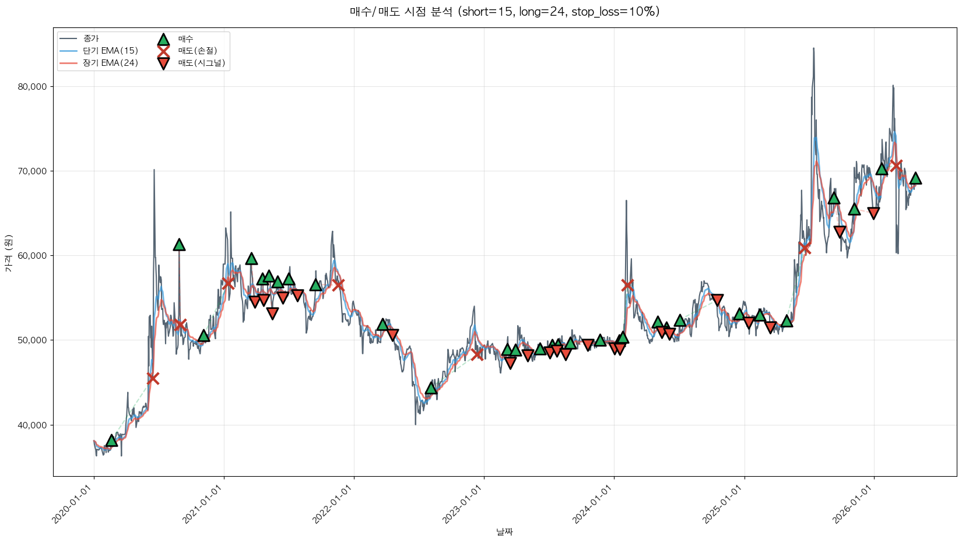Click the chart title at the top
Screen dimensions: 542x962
(x=505, y=12)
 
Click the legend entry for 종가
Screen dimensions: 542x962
(x=91, y=38)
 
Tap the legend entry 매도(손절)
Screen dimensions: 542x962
(x=198, y=51)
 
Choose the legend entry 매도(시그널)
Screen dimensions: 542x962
(x=201, y=63)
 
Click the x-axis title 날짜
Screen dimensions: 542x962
(x=505, y=532)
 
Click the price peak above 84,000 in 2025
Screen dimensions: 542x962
(x=813, y=48)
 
